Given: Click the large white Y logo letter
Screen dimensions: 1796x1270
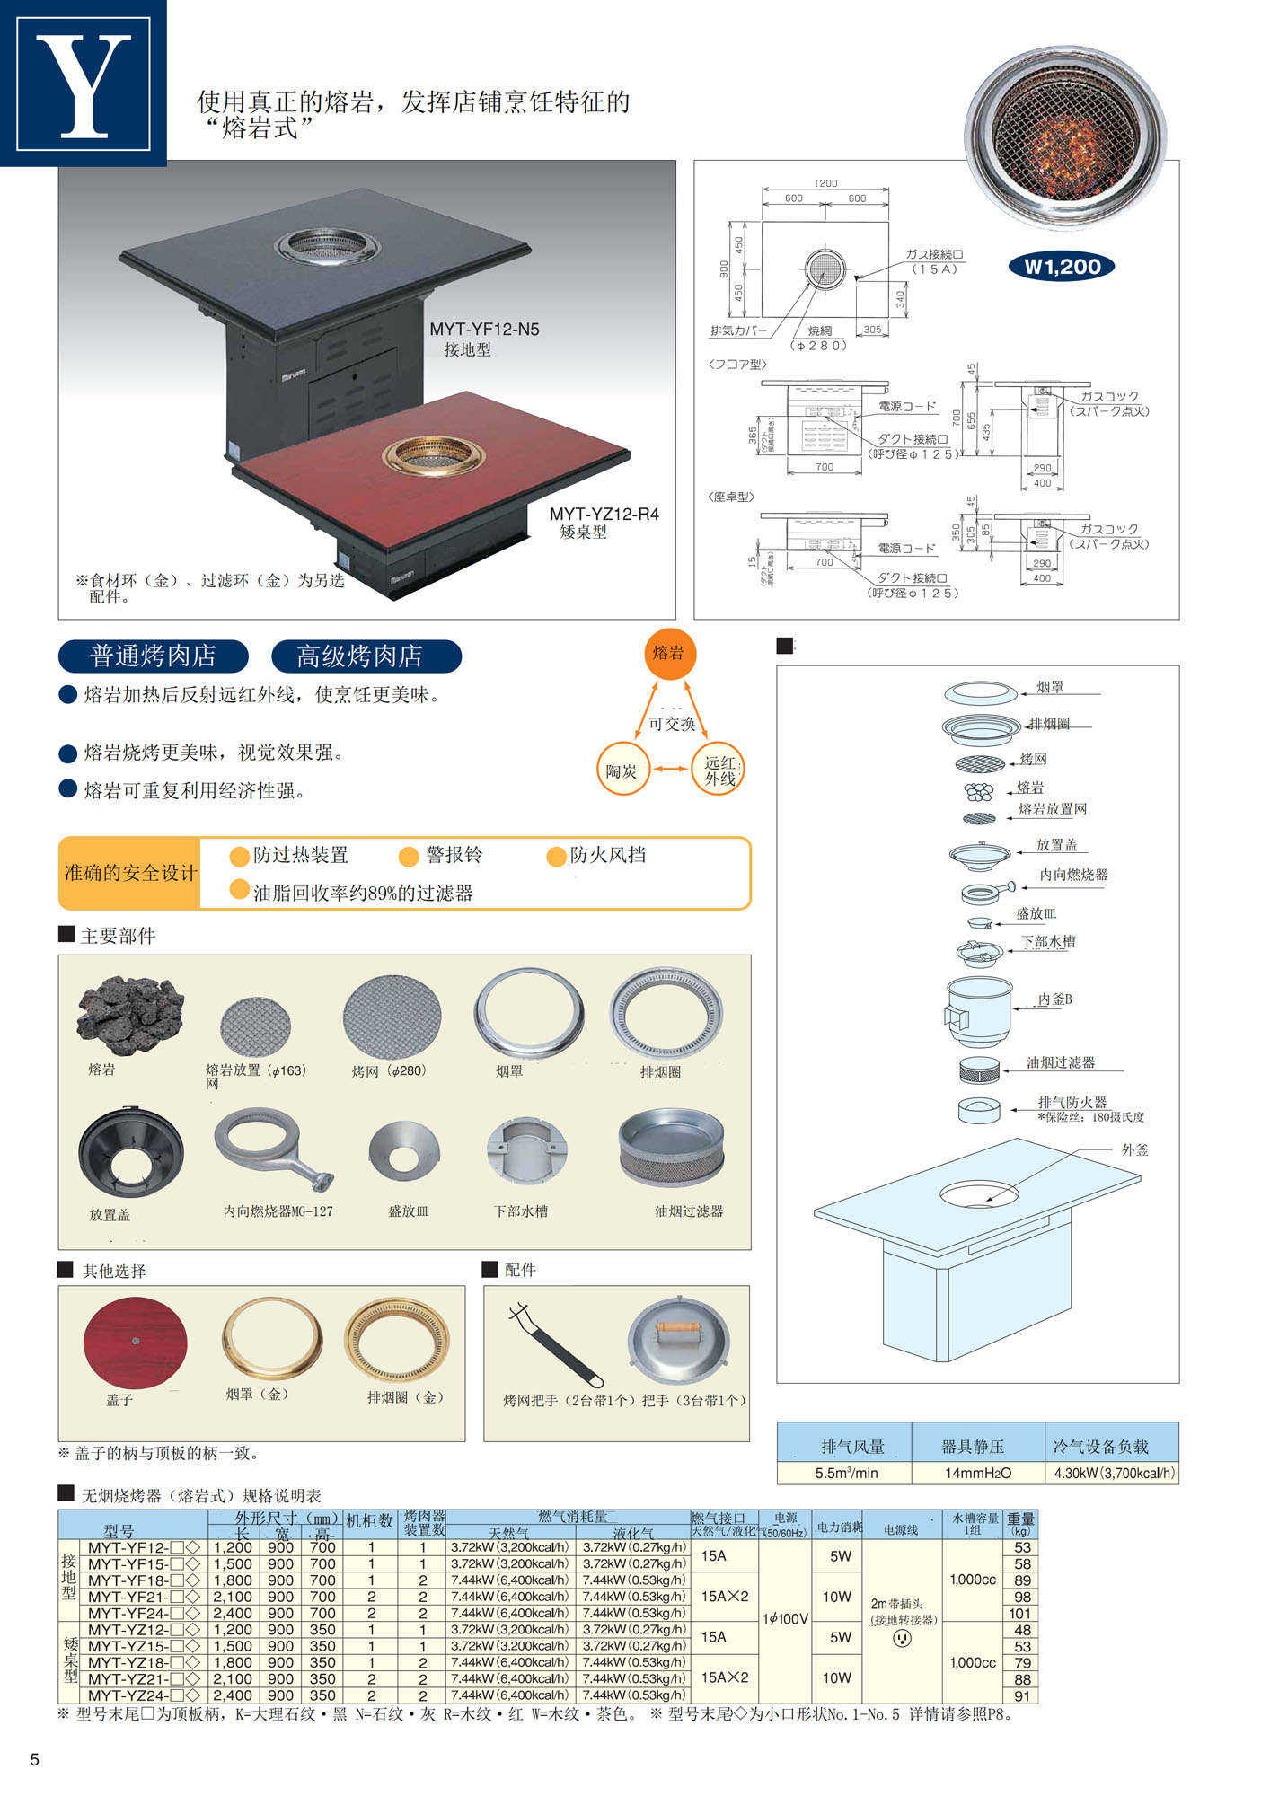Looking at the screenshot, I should pyautogui.click(x=84, y=85).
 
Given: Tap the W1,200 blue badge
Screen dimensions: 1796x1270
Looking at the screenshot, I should pyautogui.click(x=1062, y=267).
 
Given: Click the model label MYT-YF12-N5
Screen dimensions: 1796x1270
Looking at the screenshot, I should pyautogui.click(x=484, y=330).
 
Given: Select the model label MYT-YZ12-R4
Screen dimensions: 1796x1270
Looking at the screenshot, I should pyautogui.click(x=604, y=514).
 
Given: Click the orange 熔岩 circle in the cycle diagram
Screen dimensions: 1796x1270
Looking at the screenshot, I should pyautogui.click(x=669, y=653).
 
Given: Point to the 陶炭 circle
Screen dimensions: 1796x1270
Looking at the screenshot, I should pyautogui.click(x=622, y=770).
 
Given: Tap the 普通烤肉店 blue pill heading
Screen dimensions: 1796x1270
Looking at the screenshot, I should pyautogui.click(x=154, y=656).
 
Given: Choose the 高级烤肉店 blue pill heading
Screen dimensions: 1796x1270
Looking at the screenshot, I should pyautogui.click(x=366, y=656).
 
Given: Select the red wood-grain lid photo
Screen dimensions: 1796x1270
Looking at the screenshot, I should pyautogui.click(x=136, y=1342).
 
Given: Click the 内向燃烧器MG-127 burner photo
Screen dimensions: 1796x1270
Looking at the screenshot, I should pyautogui.click(x=271, y=1149).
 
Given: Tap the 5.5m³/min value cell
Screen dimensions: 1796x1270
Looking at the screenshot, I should pyautogui.click(x=845, y=1473).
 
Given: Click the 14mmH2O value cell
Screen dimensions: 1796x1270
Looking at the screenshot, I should pyautogui.click(x=977, y=1473).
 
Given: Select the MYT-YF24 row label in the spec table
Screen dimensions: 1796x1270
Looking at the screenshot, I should pyautogui.click(x=142, y=1613).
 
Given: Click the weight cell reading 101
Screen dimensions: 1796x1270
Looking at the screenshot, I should pyautogui.click(x=1021, y=1613).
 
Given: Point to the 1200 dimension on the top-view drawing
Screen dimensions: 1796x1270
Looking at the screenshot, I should pyautogui.click(x=825, y=183).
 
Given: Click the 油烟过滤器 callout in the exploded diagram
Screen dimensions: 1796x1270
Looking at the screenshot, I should pyautogui.click(x=1061, y=1062).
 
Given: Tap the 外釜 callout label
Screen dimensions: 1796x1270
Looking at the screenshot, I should pyautogui.click(x=1134, y=1149).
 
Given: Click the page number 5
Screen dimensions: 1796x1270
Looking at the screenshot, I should pyautogui.click(x=35, y=1759).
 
